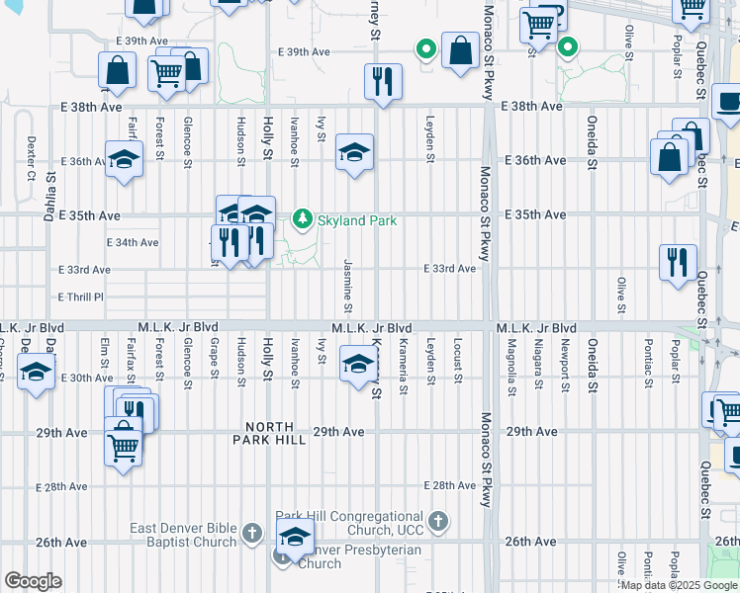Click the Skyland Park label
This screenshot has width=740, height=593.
(356, 220)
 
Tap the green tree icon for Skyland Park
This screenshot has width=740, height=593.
(303, 218)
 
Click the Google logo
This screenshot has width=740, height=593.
(34, 581)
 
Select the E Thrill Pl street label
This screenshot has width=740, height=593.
(80, 296)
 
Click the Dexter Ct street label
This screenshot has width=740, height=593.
(31, 158)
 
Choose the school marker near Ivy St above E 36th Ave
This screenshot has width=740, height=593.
(354, 152)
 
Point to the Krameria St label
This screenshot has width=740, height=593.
(404, 367)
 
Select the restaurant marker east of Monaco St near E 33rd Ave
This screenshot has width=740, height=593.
(678, 263)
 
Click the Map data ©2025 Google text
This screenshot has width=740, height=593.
(679, 585)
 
